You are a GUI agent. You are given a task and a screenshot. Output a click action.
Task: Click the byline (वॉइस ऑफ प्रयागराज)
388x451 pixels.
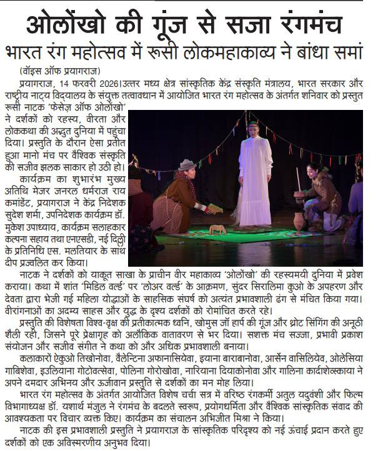59,70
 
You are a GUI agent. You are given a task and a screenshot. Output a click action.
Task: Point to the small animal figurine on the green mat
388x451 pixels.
217,230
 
